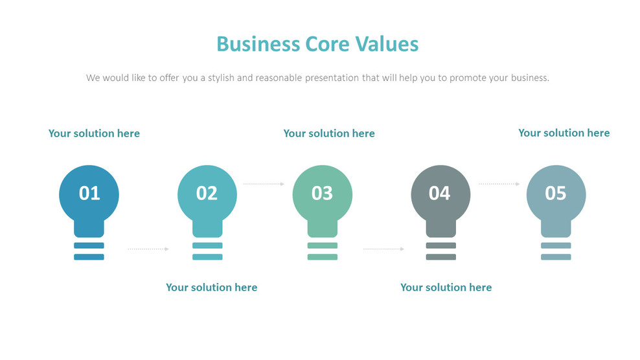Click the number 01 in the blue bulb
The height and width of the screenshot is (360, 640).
(x=89, y=193)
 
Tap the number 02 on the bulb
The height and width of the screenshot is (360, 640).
(x=207, y=193)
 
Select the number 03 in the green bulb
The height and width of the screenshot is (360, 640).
(x=322, y=193)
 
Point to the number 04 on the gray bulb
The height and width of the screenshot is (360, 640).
(x=439, y=193)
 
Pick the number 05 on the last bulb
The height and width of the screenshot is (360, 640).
(x=556, y=193)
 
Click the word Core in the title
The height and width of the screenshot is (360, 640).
(x=328, y=44)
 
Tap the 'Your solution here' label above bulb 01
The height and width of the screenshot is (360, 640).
(x=94, y=133)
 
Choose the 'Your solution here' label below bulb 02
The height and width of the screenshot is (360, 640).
(x=211, y=287)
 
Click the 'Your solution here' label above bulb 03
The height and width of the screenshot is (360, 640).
(x=329, y=133)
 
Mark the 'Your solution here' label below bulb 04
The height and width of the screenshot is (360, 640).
(x=446, y=287)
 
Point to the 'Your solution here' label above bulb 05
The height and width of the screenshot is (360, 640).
(x=564, y=133)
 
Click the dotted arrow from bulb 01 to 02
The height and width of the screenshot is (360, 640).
(x=148, y=249)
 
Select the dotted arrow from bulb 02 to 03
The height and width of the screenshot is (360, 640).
(x=264, y=184)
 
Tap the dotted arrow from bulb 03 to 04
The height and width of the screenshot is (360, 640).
(x=383, y=249)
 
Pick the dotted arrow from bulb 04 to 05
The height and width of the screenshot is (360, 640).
(x=499, y=184)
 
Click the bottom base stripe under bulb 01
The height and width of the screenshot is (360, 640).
(x=89, y=257)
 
